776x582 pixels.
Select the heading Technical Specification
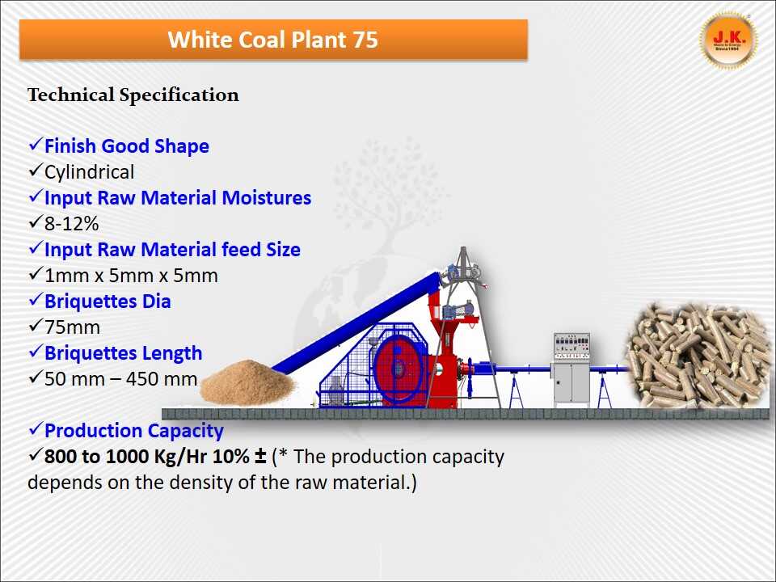(x=133, y=95)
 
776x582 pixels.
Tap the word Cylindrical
(x=89, y=172)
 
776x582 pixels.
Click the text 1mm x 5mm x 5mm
(x=131, y=276)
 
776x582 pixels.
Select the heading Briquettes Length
(x=123, y=353)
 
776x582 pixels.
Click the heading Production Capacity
(x=133, y=431)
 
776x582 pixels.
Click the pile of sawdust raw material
(x=242, y=385)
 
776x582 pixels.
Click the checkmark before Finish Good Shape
(x=35, y=145)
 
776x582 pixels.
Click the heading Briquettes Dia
(x=108, y=302)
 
